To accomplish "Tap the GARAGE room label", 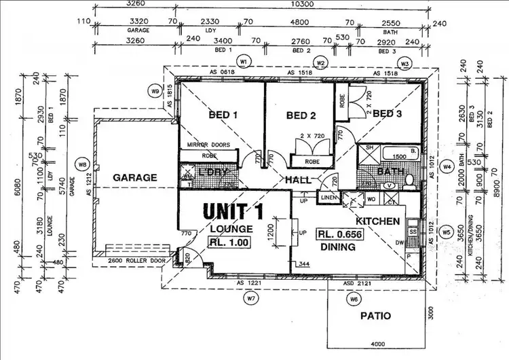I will (134, 177).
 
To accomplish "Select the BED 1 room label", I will (223, 115).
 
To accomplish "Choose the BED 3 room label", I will (387, 113).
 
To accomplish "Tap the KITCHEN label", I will (377, 221).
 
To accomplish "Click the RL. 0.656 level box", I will (339, 234).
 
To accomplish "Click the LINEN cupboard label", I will (328, 198).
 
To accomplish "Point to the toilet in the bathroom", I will (409, 182).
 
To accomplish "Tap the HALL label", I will (299, 180).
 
